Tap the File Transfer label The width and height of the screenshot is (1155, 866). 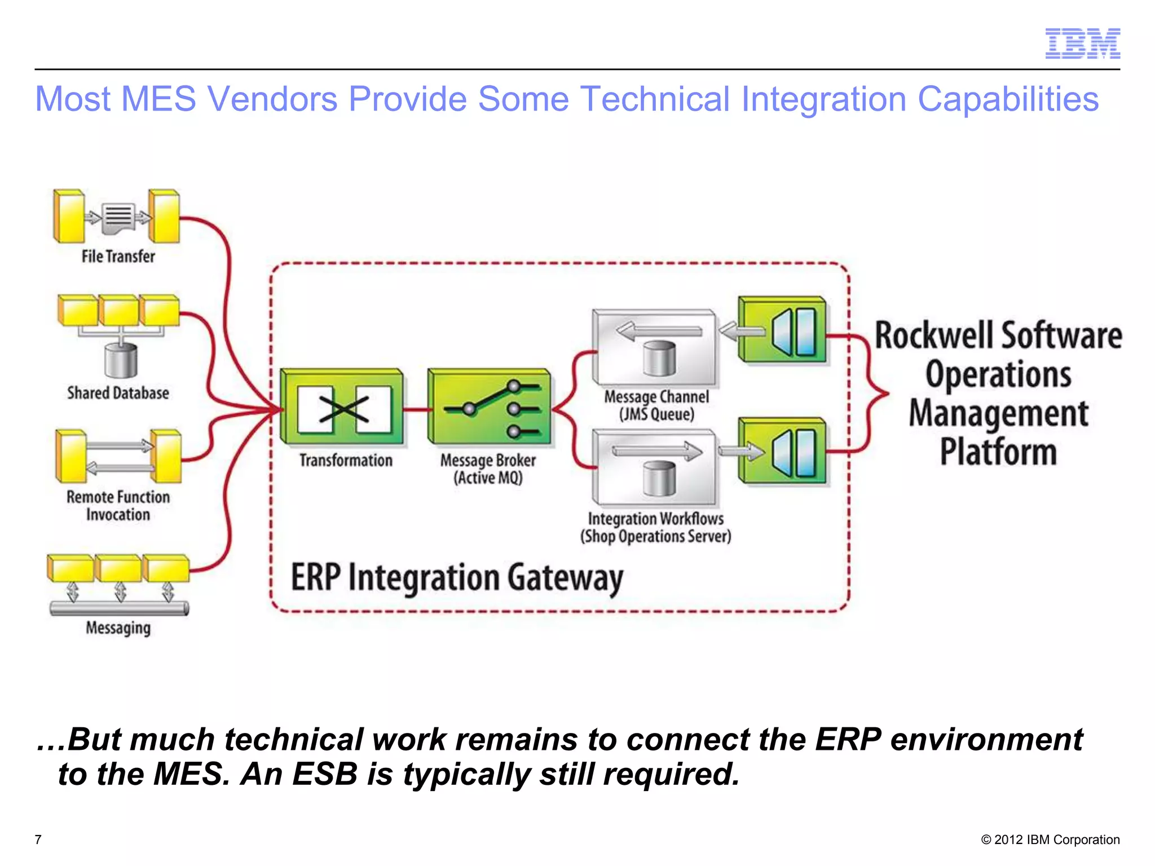coord(118,257)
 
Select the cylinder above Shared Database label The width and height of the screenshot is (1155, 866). coord(121,360)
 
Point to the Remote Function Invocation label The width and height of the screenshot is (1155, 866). coord(118,506)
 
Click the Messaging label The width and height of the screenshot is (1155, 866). coord(118,628)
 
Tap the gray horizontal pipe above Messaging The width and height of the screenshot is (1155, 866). coord(119,608)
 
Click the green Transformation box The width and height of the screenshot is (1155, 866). coord(342,408)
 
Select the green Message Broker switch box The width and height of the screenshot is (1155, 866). coord(489,408)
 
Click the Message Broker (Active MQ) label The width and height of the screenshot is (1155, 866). coord(488,469)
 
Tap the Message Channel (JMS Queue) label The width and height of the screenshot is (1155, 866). coord(656,405)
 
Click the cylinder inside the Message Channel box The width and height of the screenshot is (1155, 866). coord(659,359)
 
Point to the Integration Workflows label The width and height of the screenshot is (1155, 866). coord(656,527)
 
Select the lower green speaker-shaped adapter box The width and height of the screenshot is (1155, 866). coord(783,451)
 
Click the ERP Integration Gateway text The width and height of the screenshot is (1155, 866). coord(457,578)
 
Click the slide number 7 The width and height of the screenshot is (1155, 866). coord(38,840)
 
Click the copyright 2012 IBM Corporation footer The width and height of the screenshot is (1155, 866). coord(1050,840)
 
